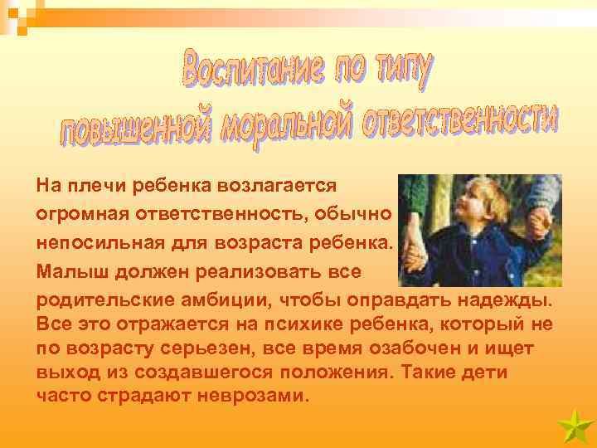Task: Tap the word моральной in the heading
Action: pyautogui.click(x=281, y=125)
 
